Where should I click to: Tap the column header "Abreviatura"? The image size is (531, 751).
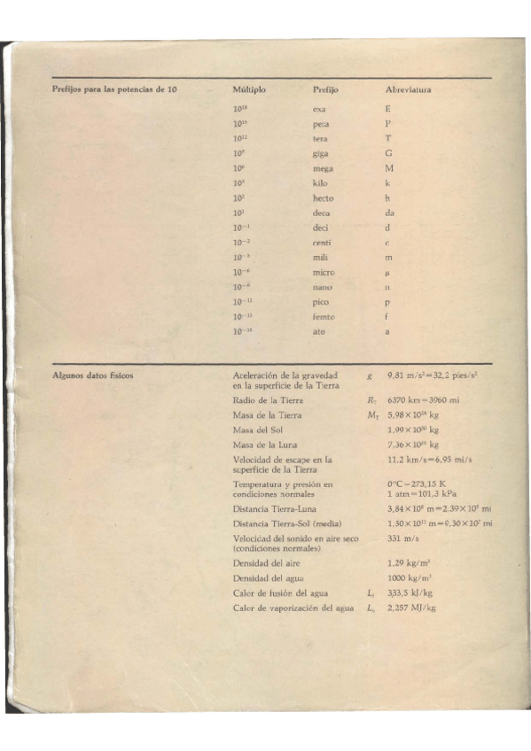click(x=410, y=90)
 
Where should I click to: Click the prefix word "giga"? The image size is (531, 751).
click(x=322, y=152)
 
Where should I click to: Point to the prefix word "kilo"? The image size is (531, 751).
click(x=320, y=183)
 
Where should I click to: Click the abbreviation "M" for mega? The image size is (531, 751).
click(x=389, y=167)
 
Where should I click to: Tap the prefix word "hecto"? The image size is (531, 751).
click(x=324, y=198)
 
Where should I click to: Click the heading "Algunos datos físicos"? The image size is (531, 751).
click(x=93, y=375)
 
